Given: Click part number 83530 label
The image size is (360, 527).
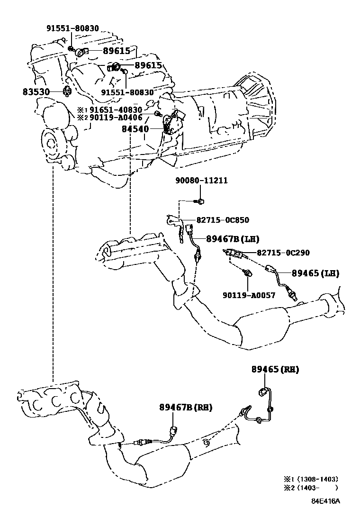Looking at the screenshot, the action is click(36, 92).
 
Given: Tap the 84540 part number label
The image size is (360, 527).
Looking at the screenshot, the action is click(135, 129).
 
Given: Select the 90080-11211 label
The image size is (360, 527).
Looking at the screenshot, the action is click(201, 181).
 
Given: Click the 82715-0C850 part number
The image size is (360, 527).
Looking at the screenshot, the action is click(223, 220).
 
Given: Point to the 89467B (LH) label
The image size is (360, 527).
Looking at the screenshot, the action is click(233, 239).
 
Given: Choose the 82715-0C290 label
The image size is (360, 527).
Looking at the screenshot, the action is click(283, 253).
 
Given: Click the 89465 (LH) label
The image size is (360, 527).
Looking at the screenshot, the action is click(315, 273).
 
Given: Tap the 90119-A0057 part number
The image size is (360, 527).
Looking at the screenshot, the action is click(249, 295).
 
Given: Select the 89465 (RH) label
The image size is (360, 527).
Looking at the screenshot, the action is click(275, 369).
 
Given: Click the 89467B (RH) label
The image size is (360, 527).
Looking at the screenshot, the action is click(186, 408).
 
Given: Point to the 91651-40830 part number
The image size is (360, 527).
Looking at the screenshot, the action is click(116, 110).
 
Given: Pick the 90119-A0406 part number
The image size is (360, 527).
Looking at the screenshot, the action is click(116, 118).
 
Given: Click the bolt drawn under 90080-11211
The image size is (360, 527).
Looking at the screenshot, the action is click(200, 201).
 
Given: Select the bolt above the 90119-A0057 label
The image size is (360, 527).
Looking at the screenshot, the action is click(247, 272).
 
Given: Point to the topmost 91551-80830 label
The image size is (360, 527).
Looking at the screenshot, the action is click(72, 28).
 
